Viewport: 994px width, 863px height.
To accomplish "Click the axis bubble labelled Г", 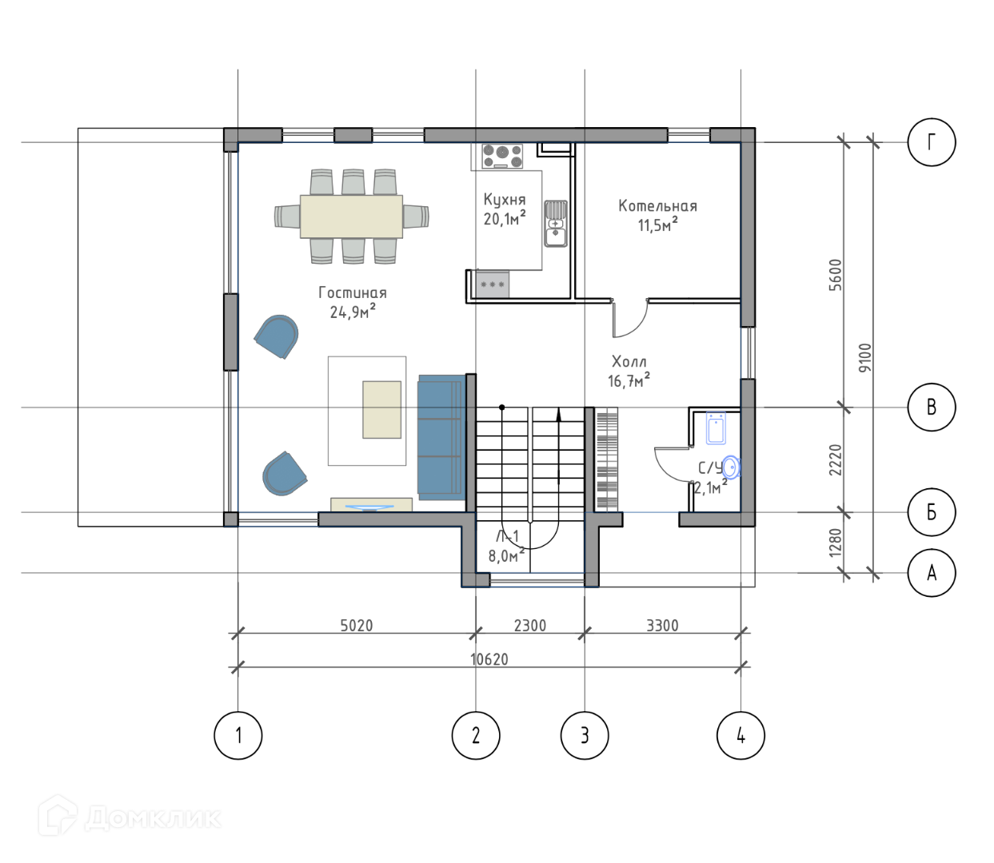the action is point(931,142).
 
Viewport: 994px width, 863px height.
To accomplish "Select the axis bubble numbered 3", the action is point(584,735).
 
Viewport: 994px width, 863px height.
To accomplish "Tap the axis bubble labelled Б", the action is point(931,512).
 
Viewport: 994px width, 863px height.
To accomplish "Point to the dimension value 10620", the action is point(489,659).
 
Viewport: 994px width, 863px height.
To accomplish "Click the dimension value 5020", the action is point(356,626).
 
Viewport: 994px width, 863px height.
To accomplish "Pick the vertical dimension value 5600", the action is point(835,275).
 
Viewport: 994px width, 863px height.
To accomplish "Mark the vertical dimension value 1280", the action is point(835,543).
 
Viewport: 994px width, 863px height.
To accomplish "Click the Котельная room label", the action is point(657,206).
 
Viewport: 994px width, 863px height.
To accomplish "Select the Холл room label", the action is point(629,362).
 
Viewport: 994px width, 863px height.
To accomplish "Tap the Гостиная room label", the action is point(352,292).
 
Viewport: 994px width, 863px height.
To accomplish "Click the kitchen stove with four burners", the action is point(502,157).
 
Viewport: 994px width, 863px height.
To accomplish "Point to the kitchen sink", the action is point(555,223).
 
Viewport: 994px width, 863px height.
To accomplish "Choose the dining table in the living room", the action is point(351,217).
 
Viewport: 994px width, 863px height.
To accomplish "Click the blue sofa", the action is point(440,437).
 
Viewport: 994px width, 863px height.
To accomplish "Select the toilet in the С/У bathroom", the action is point(716,428).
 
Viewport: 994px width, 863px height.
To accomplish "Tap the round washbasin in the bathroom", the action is point(731,467).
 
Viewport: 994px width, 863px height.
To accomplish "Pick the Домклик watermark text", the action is point(153,818).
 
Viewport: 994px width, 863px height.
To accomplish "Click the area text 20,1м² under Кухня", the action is point(505,218).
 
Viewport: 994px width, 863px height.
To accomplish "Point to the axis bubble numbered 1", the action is point(238,735).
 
